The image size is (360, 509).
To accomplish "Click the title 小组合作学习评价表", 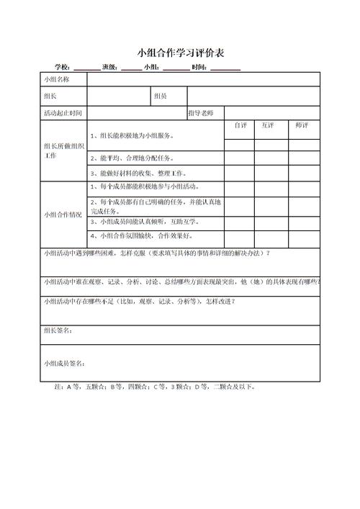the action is [x=179, y=53].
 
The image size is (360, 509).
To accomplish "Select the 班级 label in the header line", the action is [x=111, y=67].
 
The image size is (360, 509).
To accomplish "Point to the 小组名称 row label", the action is [x=57, y=78].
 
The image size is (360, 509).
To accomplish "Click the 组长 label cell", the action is [x=50, y=96].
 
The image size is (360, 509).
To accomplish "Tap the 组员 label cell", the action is [x=160, y=96].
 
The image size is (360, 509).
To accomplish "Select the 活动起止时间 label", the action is [x=63, y=113].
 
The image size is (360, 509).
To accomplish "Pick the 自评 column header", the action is [x=240, y=125].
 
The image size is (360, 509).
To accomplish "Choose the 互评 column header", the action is [x=268, y=125].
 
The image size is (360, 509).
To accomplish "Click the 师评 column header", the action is [x=302, y=125].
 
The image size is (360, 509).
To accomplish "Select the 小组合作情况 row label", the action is [x=63, y=214].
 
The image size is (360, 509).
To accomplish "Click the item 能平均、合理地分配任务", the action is [x=132, y=158].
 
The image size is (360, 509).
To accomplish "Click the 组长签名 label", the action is [x=58, y=330].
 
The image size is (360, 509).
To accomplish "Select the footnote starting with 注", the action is [x=155, y=387].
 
